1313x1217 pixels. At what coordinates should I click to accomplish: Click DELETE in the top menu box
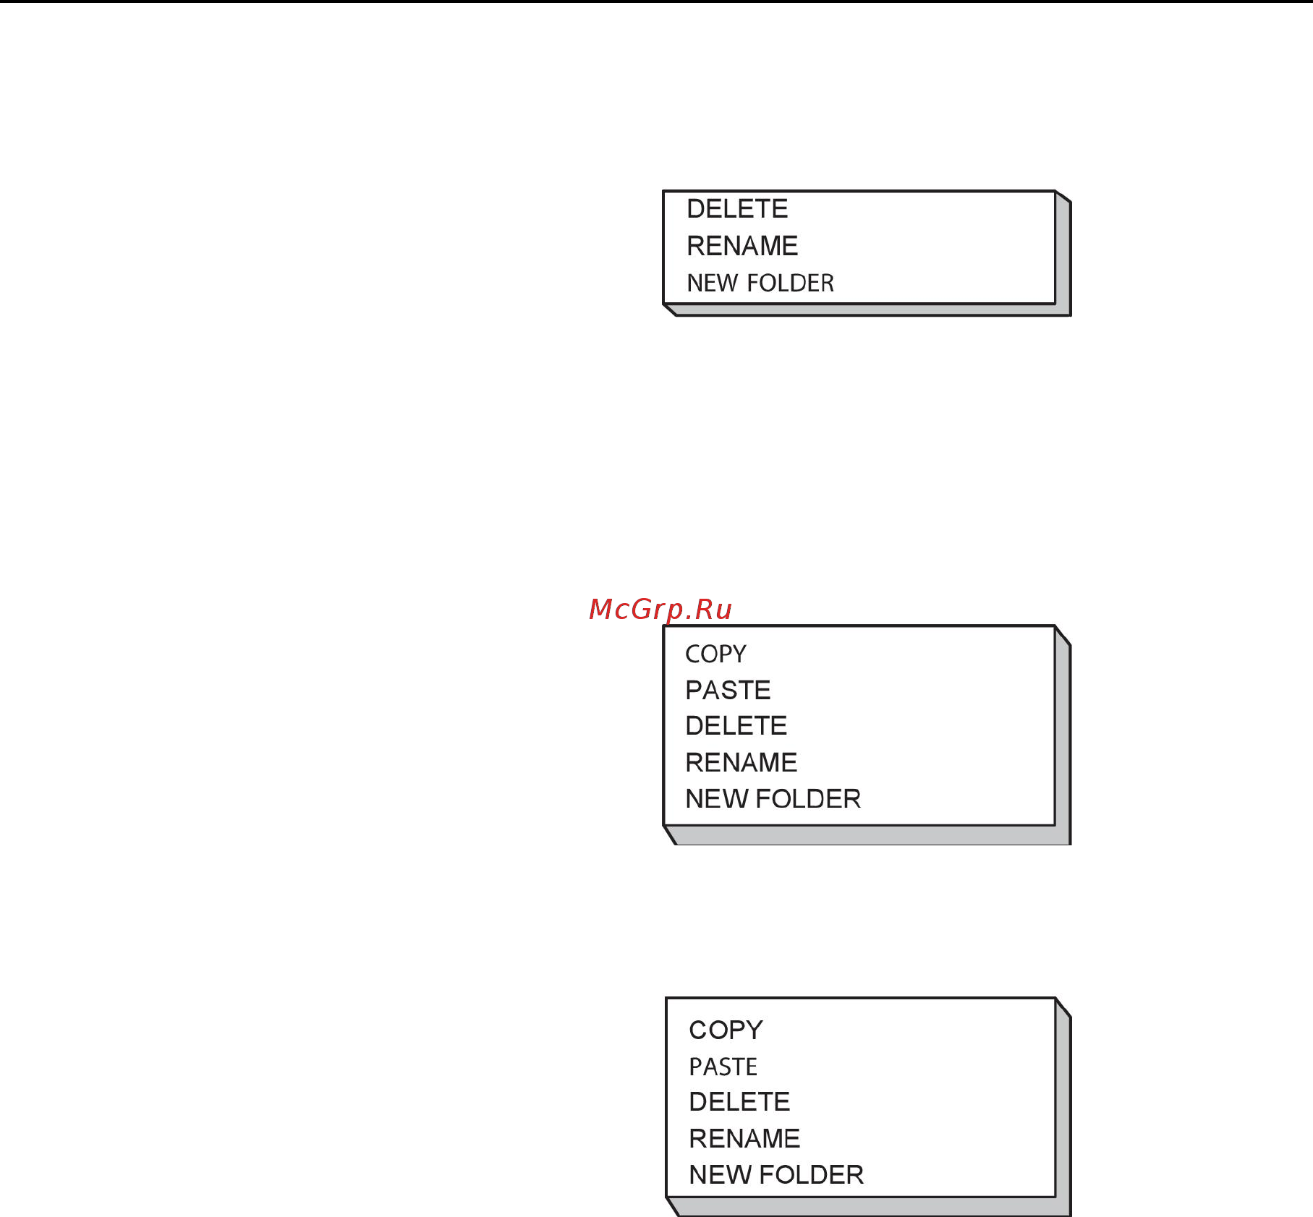737,209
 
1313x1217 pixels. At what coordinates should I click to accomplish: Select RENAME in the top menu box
742,246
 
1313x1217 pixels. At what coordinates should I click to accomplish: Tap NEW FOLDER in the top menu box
760,283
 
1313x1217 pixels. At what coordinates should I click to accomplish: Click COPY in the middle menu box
715,654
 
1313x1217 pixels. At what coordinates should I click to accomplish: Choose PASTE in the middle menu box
728,690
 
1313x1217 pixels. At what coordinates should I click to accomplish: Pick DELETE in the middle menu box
736,725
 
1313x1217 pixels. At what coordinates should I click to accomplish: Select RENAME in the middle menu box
741,762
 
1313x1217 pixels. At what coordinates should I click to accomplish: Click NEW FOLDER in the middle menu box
773,798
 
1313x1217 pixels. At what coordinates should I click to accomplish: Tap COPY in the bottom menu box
726,1030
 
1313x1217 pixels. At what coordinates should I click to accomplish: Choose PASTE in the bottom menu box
723,1067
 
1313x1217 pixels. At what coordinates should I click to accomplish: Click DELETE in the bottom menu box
739,1101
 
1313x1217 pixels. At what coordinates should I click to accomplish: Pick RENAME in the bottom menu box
744,1138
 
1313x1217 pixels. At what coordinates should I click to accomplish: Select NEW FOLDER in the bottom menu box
776,1174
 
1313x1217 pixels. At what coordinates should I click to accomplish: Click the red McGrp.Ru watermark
660,609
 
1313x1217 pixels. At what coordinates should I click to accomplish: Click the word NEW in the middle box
717,798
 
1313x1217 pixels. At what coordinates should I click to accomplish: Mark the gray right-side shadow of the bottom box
1063,1106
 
